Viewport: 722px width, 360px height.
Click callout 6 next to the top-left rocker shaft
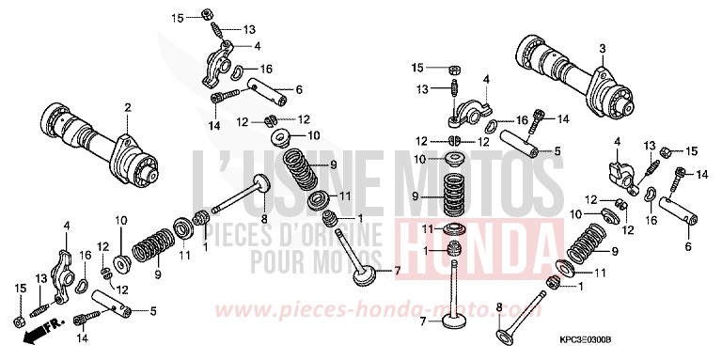298,89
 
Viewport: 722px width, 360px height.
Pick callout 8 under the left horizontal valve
264,220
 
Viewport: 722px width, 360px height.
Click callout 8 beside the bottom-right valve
499,305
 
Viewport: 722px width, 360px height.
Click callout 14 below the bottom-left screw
82,337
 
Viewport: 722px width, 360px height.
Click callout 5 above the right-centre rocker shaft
558,149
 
